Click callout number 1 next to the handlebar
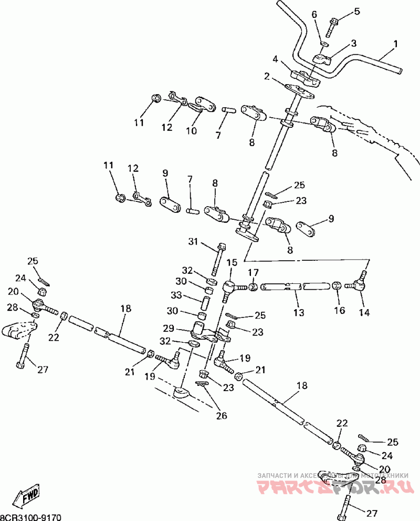pos(395,44)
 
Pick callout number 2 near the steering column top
pos(267,77)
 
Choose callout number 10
pos(191,130)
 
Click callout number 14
pos(363,312)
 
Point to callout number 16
pos(340,310)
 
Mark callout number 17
pos(254,272)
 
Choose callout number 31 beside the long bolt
pos(194,242)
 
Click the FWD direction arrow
pos(30,495)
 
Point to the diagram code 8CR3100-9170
pos(30,517)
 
